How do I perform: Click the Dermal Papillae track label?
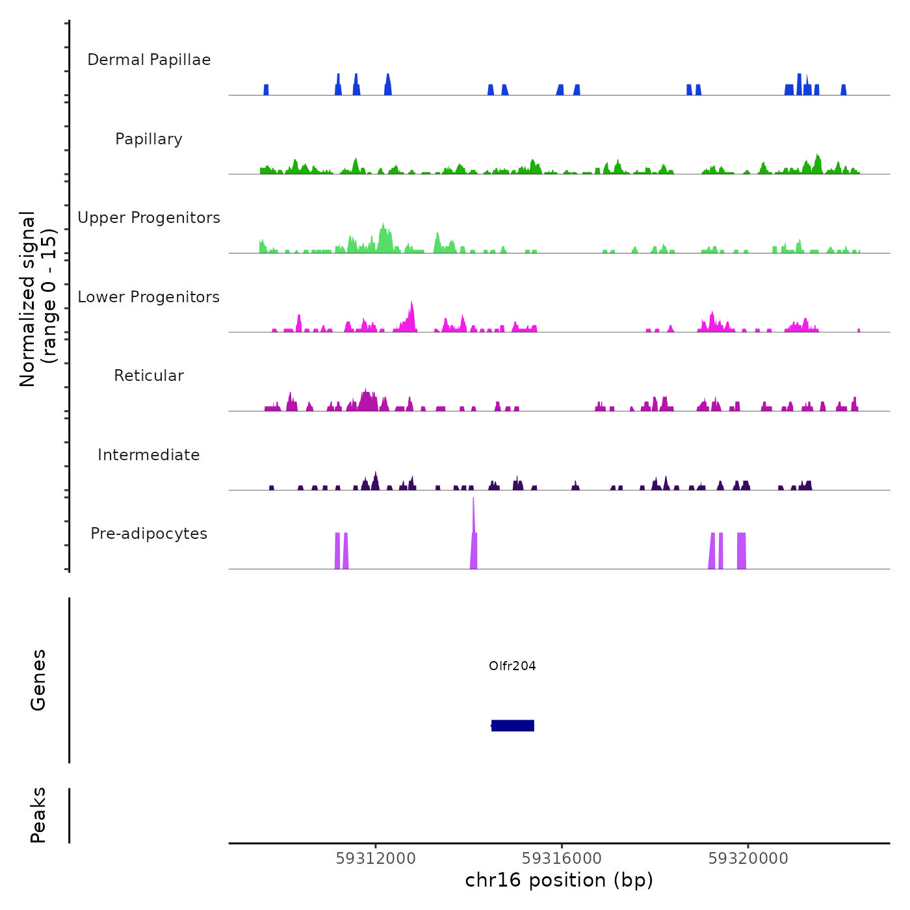pos(149,60)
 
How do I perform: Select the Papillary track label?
pos(149,139)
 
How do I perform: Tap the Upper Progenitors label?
pos(149,218)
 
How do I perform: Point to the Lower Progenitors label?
pos(149,297)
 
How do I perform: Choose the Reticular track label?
pos(149,376)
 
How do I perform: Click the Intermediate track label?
pos(149,455)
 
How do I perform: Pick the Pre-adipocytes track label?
pos(149,534)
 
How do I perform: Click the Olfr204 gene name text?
pos(512,666)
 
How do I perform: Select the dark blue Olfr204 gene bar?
pos(513,725)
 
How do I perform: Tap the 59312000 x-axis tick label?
pos(376,859)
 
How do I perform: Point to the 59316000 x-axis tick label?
pos(562,859)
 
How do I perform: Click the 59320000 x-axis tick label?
pos(748,859)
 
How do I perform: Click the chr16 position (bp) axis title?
pos(559,880)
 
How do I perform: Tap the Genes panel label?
pos(38,680)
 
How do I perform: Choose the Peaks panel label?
pos(38,815)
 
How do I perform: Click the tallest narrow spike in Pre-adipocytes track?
pos(473,513)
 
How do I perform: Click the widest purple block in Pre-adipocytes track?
pos(742,551)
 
